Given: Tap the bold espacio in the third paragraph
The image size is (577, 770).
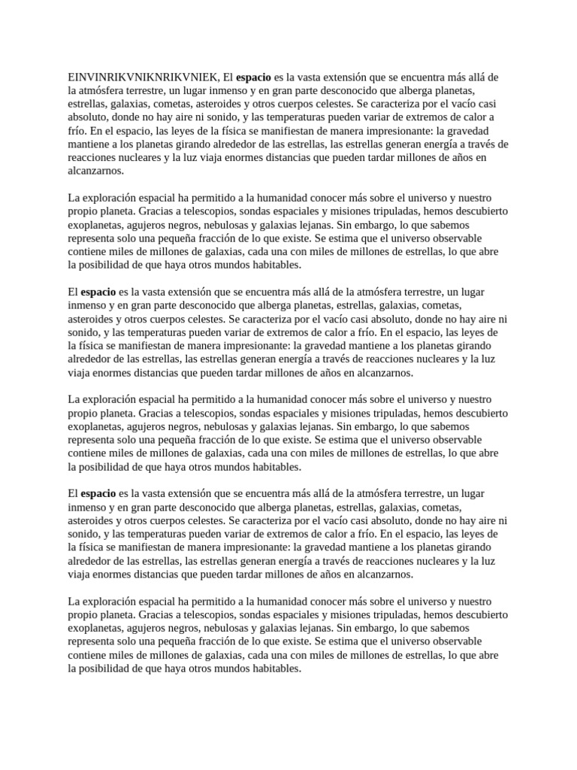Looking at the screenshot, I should (x=98, y=290).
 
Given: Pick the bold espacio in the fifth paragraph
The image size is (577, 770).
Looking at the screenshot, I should (x=98, y=493).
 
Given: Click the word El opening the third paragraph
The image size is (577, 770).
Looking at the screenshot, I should (x=73, y=290).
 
